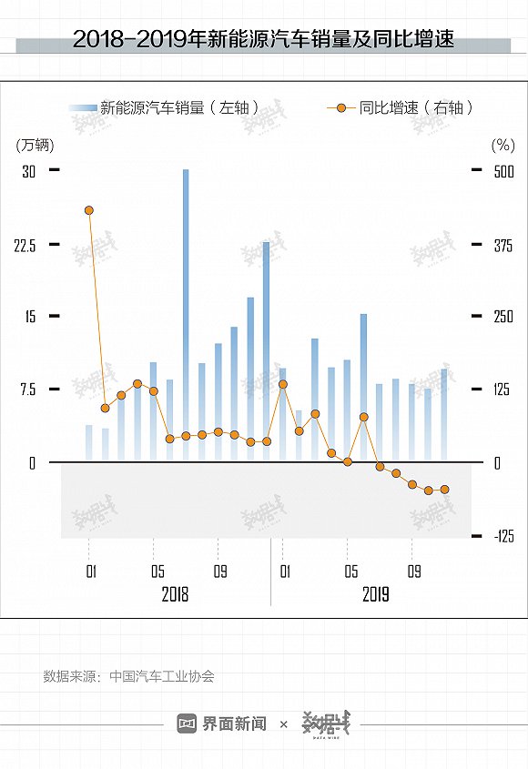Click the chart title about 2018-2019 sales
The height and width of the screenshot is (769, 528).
tap(263, 40)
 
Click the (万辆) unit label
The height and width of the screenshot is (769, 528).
tap(35, 145)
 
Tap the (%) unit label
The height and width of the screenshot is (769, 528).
tap(503, 145)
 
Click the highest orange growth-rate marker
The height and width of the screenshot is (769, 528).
tap(89, 210)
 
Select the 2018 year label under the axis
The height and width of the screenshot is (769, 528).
tap(175, 595)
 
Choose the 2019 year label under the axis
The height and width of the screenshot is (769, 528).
tap(375, 595)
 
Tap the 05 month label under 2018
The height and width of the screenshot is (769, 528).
tap(157, 572)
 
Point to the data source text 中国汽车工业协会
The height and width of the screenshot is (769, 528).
tap(161, 676)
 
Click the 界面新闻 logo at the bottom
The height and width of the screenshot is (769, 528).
tap(222, 723)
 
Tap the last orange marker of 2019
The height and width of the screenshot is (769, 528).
tap(444, 490)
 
